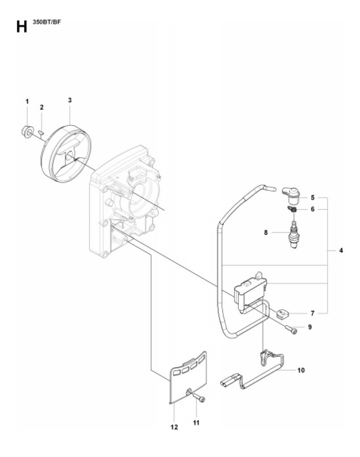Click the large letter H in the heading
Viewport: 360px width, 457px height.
click(x=21, y=26)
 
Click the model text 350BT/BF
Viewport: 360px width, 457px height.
click(x=46, y=22)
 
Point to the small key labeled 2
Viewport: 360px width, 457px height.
click(x=41, y=133)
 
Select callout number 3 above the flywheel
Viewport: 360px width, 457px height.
click(x=70, y=100)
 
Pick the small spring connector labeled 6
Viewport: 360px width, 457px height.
click(x=292, y=209)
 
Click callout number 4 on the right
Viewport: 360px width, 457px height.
click(x=341, y=250)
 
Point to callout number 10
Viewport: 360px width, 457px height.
click(x=301, y=370)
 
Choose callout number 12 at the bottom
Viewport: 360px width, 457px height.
click(x=174, y=427)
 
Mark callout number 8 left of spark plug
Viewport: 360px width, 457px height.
click(x=265, y=233)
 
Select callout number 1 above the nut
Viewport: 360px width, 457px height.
click(x=27, y=101)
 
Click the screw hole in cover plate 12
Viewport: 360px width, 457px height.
click(x=188, y=391)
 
